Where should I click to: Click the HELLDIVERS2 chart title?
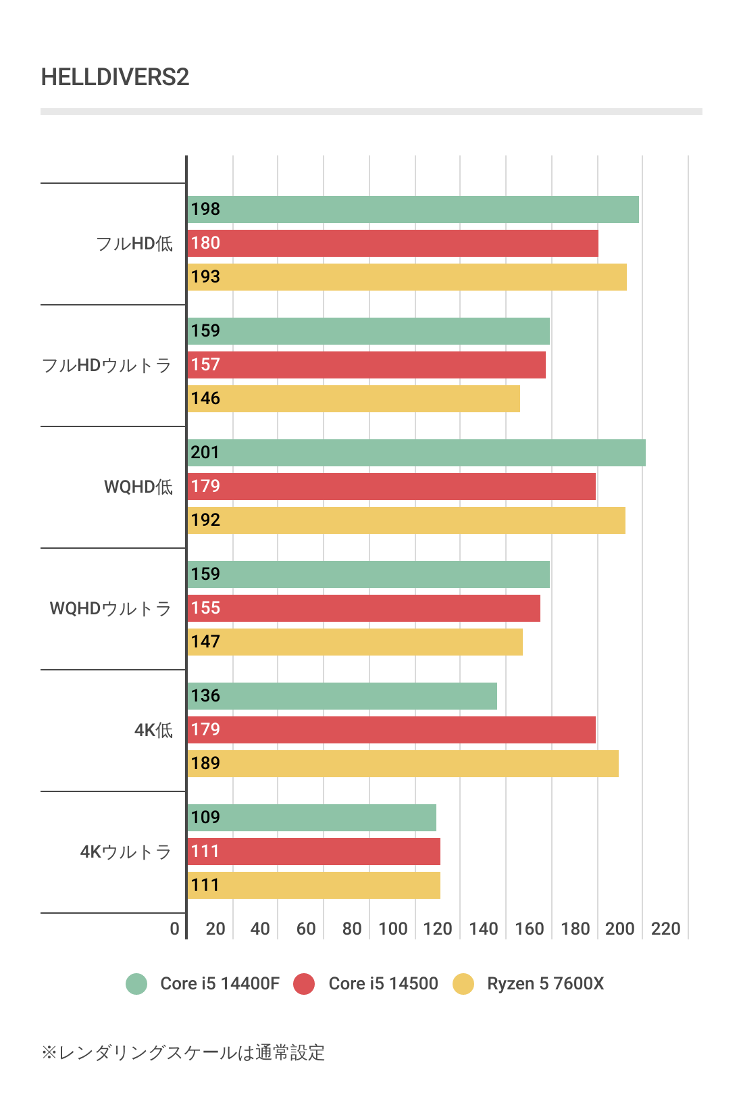click(115, 77)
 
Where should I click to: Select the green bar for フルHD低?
click(413, 210)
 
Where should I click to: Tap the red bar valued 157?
click(366, 365)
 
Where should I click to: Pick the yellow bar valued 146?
click(353, 399)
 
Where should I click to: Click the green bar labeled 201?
click(416, 453)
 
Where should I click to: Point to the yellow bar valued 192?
click(406, 520)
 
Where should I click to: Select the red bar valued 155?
click(363, 608)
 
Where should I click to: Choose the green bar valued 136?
click(342, 696)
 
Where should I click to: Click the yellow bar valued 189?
click(403, 764)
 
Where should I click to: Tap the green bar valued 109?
click(311, 818)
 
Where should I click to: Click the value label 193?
click(205, 277)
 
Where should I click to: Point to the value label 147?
click(205, 642)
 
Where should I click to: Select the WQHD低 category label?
click(138, 487)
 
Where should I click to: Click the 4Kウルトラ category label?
click(126, 852)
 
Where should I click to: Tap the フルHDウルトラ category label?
click(107, 366)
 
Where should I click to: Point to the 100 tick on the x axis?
click(392, 929)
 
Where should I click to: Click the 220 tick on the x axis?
click(665, 929)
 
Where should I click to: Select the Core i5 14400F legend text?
click(220, 983)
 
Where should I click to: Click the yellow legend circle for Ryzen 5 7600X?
click(463, 984)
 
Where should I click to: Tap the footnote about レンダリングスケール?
click(183, 1052)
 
